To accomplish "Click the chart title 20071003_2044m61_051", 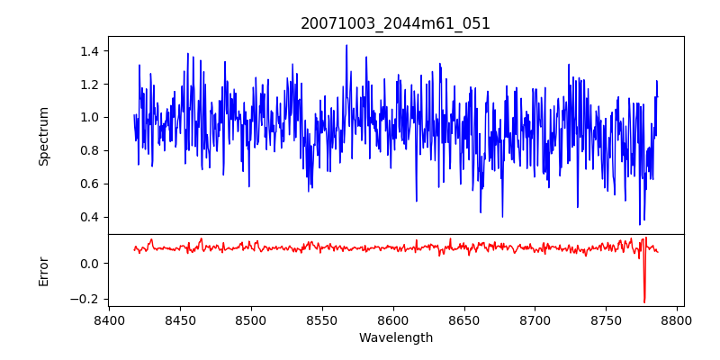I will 395,23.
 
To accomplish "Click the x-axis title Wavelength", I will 395,338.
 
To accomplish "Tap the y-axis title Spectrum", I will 44,136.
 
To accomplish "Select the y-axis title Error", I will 44,271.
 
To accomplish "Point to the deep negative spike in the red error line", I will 644,301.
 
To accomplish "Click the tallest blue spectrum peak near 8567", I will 346,46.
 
